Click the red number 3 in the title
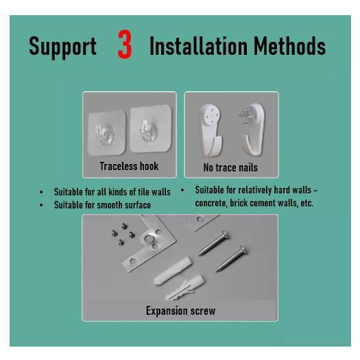125,44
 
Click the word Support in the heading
62,47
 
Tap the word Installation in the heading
199,46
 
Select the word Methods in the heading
290,46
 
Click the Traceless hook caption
129,166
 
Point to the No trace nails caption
230,167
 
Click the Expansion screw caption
181,311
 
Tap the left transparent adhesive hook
106,133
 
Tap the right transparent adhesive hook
151,129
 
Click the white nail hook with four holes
211,130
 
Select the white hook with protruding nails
252,130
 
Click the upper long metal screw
213,243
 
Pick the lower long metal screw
231,259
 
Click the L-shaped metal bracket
149,243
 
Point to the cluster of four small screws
123,234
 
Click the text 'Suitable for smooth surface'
102,205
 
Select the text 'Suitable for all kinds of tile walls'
112,192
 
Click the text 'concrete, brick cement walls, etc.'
254,203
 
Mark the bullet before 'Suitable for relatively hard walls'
182,190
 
